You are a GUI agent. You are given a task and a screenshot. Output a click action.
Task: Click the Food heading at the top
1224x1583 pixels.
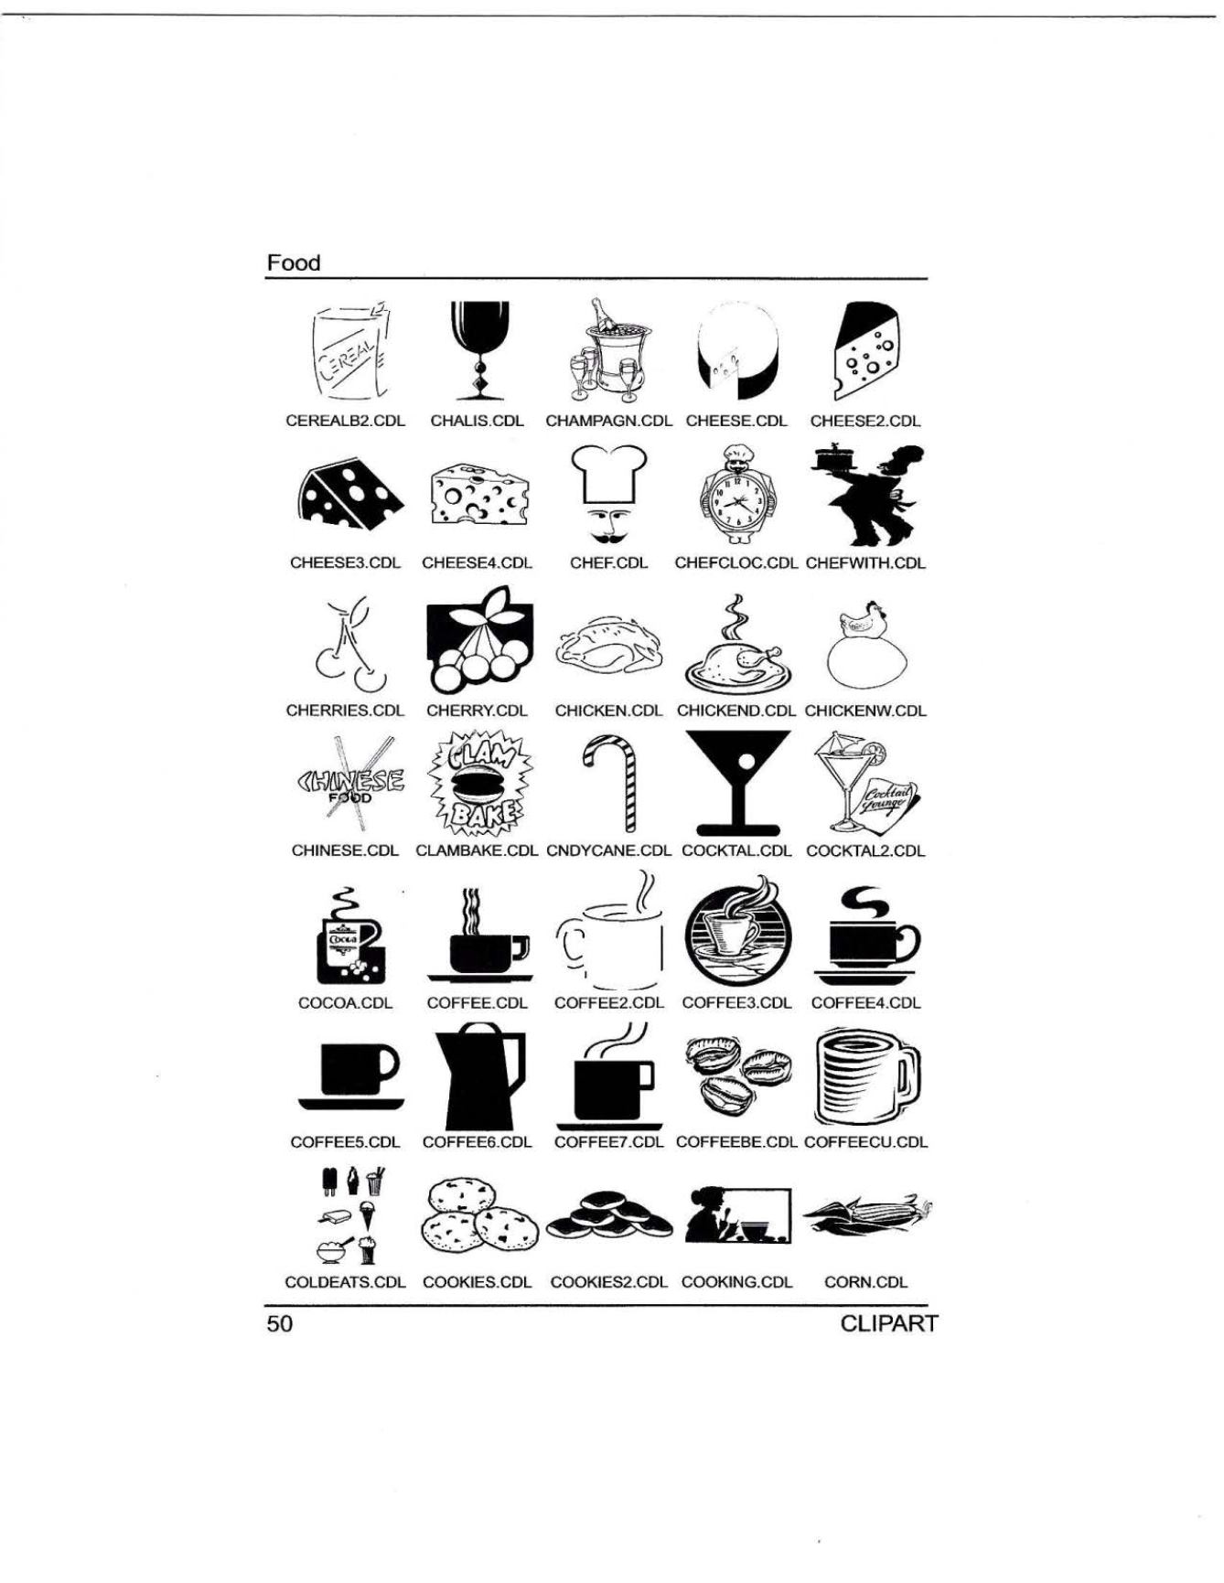(x=294, y=263)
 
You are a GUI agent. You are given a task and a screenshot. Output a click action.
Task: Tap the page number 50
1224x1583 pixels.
(x=280, y=1324)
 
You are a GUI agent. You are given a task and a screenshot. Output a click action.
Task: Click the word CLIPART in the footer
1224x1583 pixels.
(x=888, y=1324)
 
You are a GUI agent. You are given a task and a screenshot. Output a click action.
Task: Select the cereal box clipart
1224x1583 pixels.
(x=347, y=353)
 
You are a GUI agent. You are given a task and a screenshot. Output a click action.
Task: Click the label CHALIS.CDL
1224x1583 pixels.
(x=477, y=422)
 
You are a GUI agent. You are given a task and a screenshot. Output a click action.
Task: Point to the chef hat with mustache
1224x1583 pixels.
(x=609, y=495)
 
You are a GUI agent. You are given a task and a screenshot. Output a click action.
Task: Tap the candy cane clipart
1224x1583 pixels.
(x=609, y=784)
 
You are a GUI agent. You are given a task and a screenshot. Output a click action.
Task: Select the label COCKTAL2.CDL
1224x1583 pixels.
(x=865, y=851)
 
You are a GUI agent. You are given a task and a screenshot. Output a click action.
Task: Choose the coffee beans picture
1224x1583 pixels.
(x=738, y=1076)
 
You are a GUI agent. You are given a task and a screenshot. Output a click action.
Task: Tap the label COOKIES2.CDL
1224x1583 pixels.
(x=609, y=1282)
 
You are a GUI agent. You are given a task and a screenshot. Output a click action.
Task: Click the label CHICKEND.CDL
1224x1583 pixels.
(x=736, y=711)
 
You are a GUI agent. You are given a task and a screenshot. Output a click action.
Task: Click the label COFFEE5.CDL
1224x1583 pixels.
(x=345, y=1143)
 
